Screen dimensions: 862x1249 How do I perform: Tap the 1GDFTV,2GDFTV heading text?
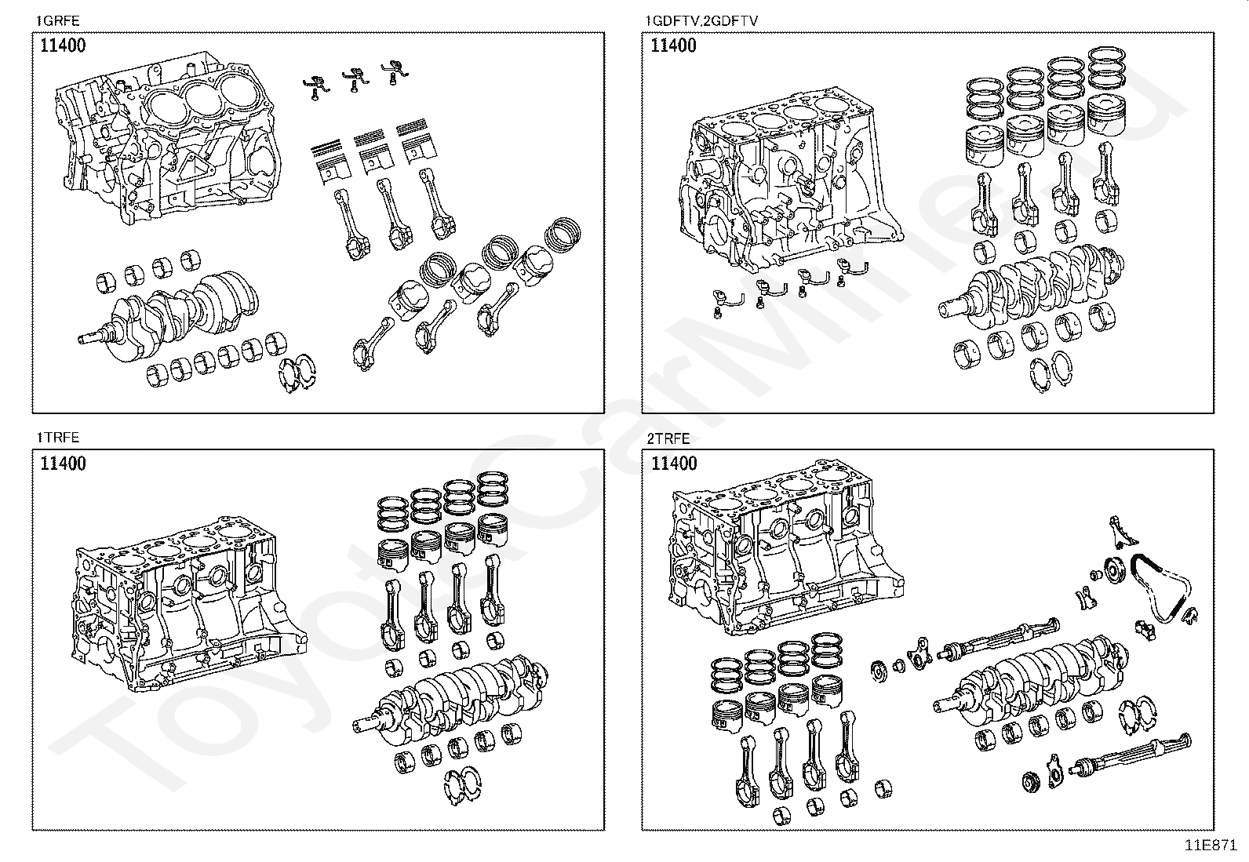click(701, 21)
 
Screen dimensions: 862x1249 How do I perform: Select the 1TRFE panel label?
click(58, 438)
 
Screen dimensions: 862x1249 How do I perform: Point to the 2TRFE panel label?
click(668, 438)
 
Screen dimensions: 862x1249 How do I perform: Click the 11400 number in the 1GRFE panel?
click(63, 45)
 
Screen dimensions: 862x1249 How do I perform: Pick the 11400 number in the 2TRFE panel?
click(674, 464)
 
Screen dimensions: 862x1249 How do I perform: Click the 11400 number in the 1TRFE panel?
click(63, 464)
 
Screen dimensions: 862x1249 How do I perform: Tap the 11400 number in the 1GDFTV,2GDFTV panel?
click(674, 45)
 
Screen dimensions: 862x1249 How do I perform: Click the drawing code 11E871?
click(1211, 846)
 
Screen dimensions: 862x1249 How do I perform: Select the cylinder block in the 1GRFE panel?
click(169, 141)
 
